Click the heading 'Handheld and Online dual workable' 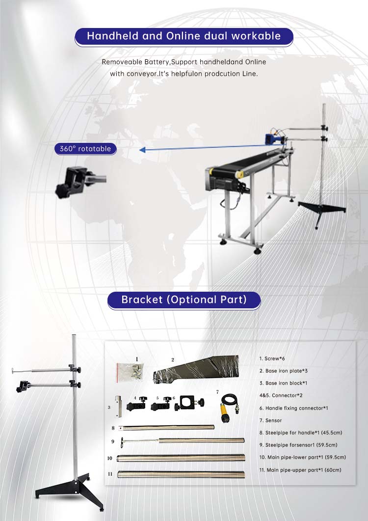pyautogui.click(x=184, y=36)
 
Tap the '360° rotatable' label pyautogui.click(x=85, y=148)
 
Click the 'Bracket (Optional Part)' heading pyautogui.click(x=184, y=300)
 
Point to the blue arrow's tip pyautogui.click(x=139, y=150)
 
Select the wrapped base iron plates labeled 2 pyautogui.click(x=196, y=369)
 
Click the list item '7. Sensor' pyautogui.click(x=270, y=420)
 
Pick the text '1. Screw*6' pyautogui.click(x=272, y=358)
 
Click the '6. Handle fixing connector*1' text pyautogui.click(x=293, y=408)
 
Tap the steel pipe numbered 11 pyautogui.click(x=182, y=474)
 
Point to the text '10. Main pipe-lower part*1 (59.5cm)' pyautogui.click(x=303, y=457)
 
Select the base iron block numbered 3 pyautogui.click(x=118, y=407)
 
